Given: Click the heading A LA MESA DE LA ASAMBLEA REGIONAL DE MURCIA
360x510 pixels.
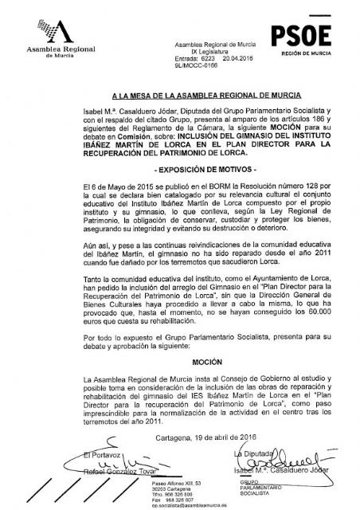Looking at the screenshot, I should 178,93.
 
